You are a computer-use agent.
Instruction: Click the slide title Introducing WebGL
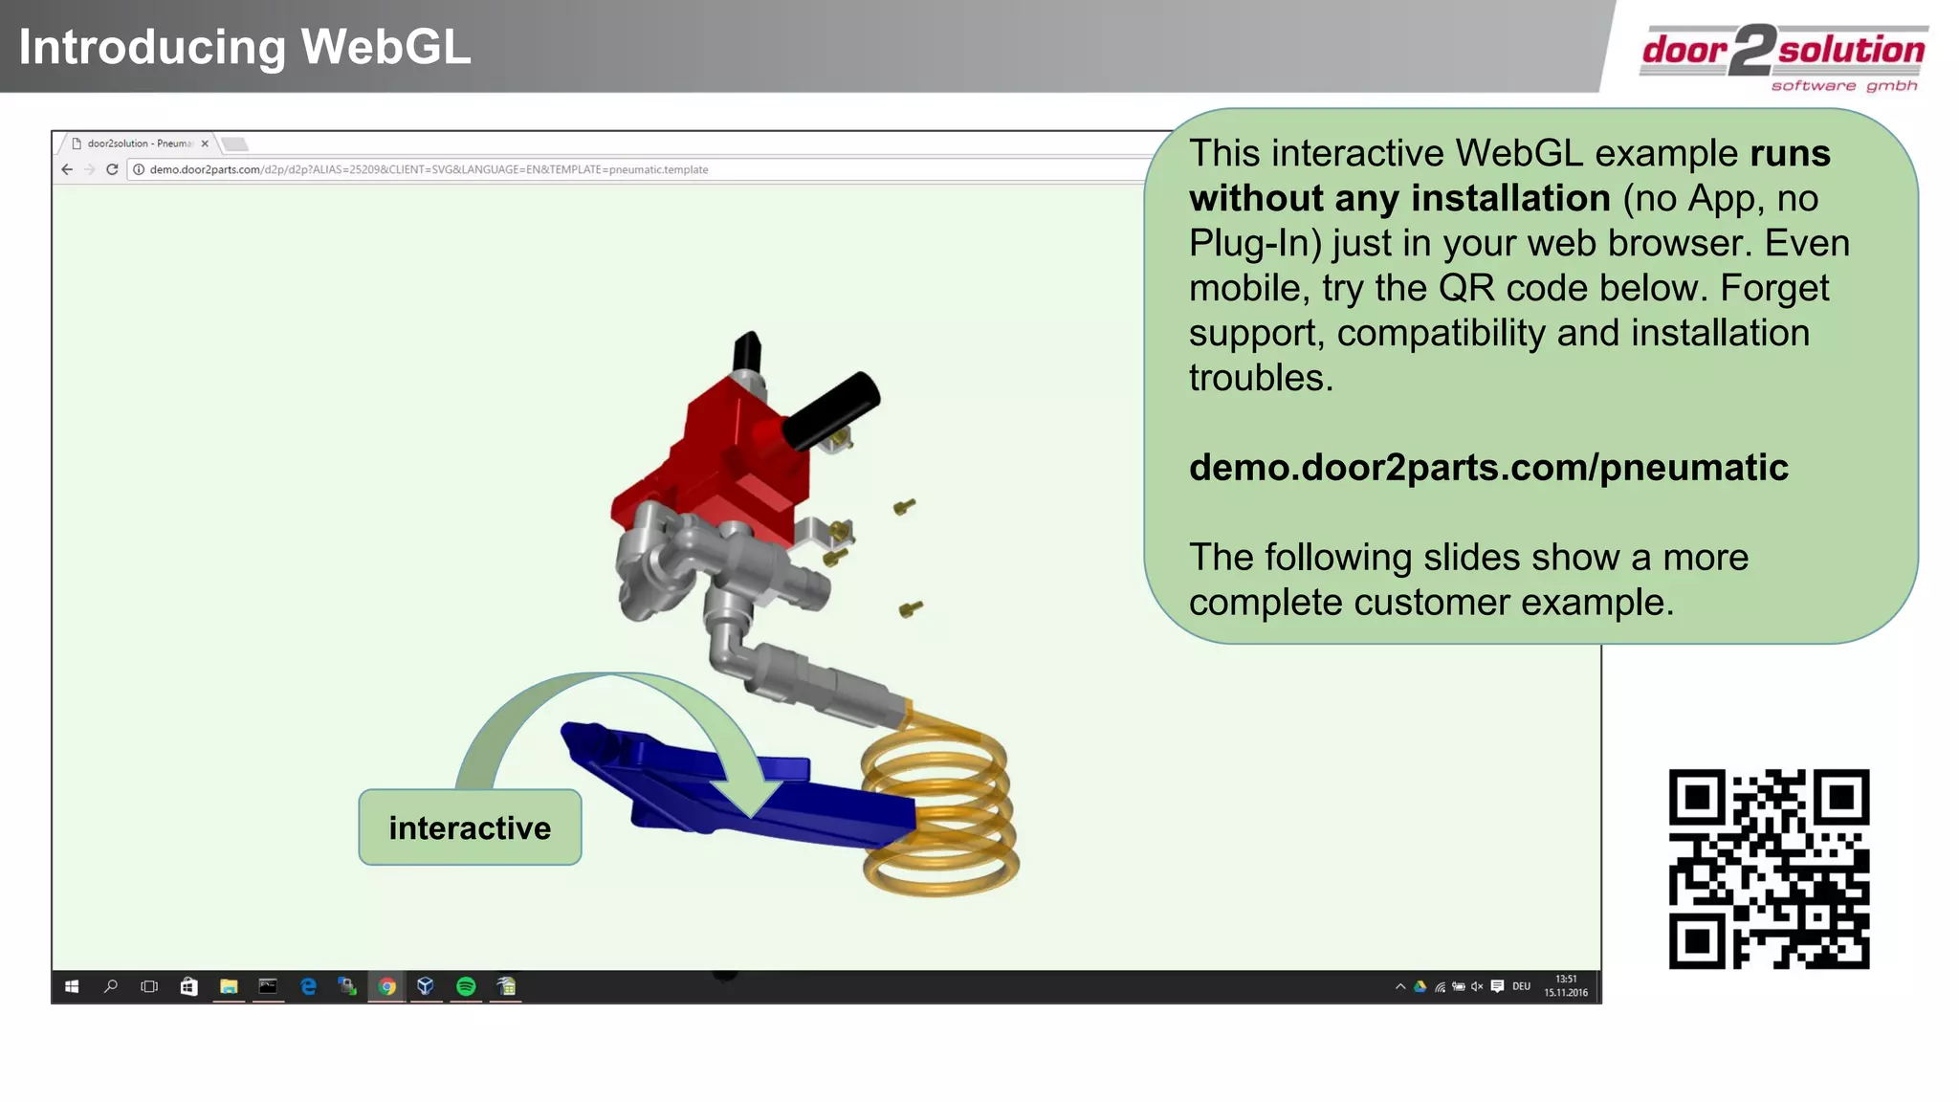point(245,47)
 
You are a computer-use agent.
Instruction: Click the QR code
point(1769,869)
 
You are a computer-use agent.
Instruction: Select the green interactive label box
point(470,827)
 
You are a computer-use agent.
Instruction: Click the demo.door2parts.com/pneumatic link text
point(1488,468)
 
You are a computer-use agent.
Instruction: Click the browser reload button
point(112,169)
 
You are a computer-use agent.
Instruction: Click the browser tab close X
point(205,143)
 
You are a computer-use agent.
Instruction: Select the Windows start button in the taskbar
point(72,986)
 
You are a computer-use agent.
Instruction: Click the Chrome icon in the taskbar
point(386,986)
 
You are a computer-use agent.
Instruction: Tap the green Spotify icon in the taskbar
point(466,986)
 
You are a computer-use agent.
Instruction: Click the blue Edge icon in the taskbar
point(308,986)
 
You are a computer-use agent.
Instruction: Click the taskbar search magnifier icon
point(111,986)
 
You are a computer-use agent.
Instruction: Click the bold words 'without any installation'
point(1399,199)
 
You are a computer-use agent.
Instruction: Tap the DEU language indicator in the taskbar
point(1521,986)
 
